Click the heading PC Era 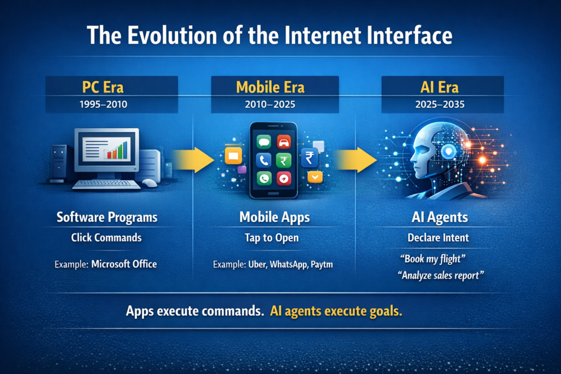pos(102,87)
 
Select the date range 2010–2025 pos(270,105)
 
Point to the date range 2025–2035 pos(440,105)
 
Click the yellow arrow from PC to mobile pos(193,159)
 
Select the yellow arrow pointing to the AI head pos(356,159)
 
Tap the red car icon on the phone pos(284,142)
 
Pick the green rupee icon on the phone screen pos(284,160)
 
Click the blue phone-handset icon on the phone pos(264,160)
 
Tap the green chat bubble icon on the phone pos(264,142)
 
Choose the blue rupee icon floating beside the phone pos(310,158)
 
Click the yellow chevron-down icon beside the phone pos(315,177)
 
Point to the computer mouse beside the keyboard pos(150,183)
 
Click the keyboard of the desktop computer pos(106,184)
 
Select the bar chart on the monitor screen pos(116,150)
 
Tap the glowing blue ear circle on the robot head pos(449,152)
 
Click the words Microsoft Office pos(124,264)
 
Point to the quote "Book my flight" pos(433,259)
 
